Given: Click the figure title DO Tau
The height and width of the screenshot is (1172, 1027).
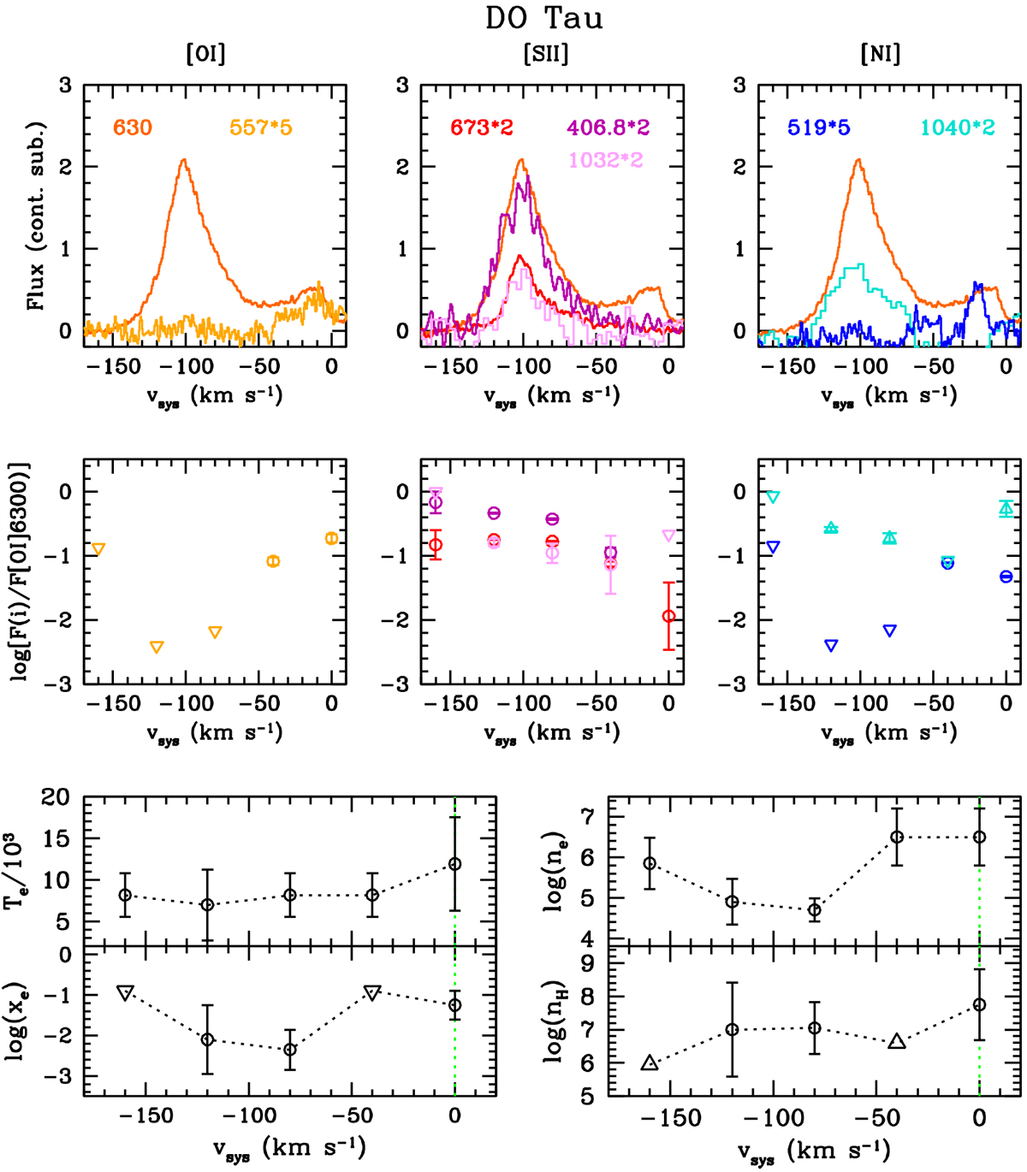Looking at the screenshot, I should click(x=544, y=18).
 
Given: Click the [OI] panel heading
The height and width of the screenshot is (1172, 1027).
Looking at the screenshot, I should click(x=206, y=55).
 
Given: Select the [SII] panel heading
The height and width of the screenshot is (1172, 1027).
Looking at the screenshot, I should click(x=545, y=55).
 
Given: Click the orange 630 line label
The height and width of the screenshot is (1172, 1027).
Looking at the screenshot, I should click(x=133, y=128).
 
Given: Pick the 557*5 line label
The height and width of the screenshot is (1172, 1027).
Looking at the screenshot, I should click(x=260, y=128).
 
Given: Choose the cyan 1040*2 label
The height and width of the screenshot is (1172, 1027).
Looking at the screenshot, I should click(x=958, y=128).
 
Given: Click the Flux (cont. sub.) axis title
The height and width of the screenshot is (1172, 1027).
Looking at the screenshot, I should click(x=36, y=215).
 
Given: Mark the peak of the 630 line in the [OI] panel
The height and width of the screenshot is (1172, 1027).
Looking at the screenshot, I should click(x=183, y=160).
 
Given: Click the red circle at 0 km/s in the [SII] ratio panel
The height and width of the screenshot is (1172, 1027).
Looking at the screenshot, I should click(x=668, y=616).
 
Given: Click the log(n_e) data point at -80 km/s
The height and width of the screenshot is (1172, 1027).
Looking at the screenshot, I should click(x=814, y=910).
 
